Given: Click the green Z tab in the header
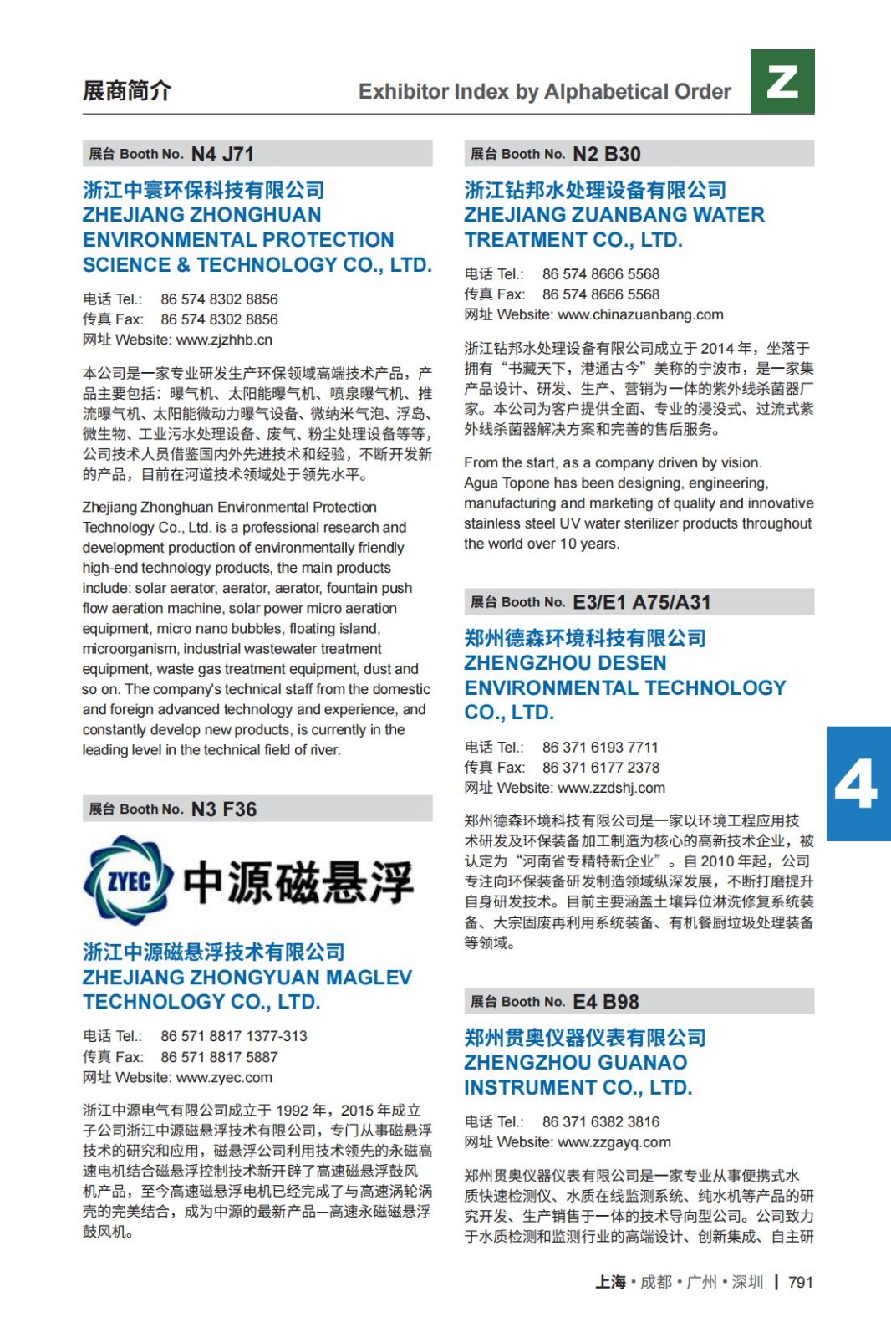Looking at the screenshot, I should coord(782,81).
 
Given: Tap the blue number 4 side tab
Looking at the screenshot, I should coord(858,784).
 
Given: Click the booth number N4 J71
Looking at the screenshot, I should coord(222,154).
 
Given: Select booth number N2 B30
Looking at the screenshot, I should coord(607,154).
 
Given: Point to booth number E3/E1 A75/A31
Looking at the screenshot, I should coord(641,602).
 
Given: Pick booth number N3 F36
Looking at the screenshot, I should coord(224,809).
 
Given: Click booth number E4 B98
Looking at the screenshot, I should coord(606,1002).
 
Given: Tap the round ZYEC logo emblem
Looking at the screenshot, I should coord(128,881).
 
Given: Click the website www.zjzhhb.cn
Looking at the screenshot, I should coord(224,340).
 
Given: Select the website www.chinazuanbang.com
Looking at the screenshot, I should coord(640,315).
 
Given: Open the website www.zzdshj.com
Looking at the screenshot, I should coord(611,789).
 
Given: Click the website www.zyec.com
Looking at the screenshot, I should coord(224,1078).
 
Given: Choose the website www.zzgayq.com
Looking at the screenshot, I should coord(614,1143).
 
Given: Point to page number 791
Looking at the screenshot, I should coord(800,1283).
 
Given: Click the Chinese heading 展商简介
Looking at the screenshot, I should coord(127,90).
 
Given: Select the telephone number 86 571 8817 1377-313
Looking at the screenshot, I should coord(234,1037).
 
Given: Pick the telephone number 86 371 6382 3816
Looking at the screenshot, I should coord(600,1122).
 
